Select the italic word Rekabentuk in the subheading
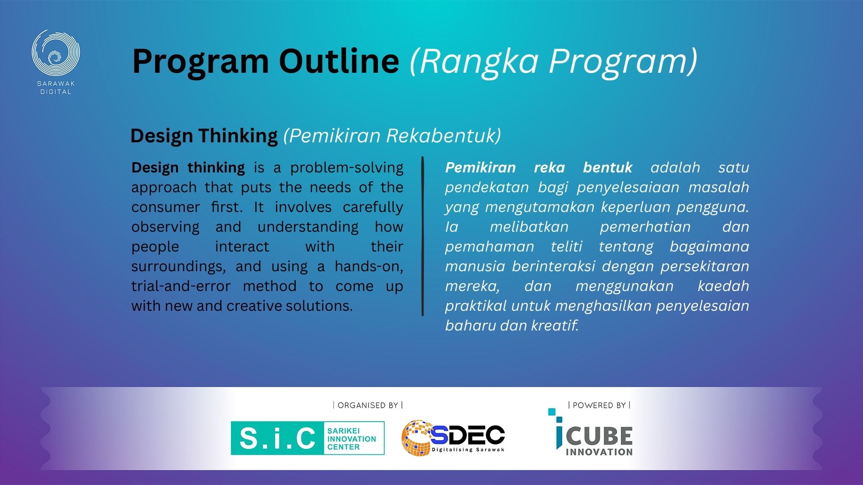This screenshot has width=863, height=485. (x=443, y=136)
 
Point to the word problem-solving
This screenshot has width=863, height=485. (x=347, y=168)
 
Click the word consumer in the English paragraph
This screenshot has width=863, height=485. (x=165, y=207)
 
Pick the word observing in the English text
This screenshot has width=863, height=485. (x=165, y=227)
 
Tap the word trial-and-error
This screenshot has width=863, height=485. (x=181, y=286)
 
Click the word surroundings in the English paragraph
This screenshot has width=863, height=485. (x=178, y=267)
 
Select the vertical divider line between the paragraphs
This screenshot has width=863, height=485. (x=423, y=236)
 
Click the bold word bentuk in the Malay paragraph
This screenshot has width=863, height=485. (x=607, y=168)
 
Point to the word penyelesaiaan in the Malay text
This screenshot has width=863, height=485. (x=628, y=188)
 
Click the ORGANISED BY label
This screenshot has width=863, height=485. (x=368, y=406)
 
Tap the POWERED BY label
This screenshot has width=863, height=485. (x=599, y=406)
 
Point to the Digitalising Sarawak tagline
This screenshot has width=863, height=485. (x=468, y=450)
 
